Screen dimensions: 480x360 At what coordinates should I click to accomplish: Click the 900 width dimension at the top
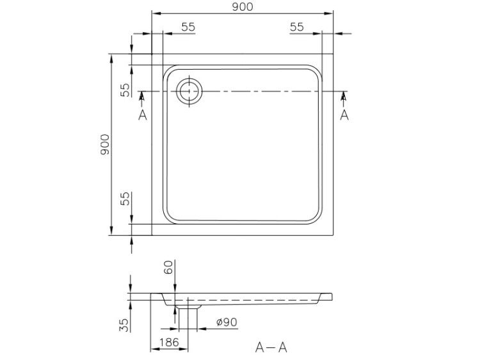(243, 7)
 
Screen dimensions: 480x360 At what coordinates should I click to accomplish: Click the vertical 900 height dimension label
(105, 145)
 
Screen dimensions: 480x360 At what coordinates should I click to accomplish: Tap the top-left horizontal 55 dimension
(188, 27)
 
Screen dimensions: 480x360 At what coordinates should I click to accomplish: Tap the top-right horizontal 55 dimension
(297, 27)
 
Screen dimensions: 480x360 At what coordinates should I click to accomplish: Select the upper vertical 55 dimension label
(125, 90)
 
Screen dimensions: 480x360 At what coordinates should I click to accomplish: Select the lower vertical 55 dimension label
(125, 199)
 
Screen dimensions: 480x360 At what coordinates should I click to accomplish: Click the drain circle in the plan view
(189, 91)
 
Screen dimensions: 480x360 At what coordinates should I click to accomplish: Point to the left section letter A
(143, 115)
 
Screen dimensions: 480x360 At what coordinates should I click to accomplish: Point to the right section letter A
(344, 115)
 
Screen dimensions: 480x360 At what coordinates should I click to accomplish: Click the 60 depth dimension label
(170, 267)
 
